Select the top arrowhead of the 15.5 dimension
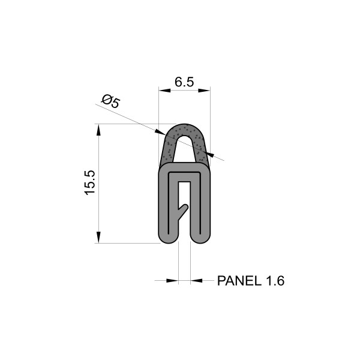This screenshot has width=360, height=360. (98, 128)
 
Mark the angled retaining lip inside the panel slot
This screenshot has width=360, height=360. (185, 209)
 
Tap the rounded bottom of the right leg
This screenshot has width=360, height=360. (201, 239)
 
